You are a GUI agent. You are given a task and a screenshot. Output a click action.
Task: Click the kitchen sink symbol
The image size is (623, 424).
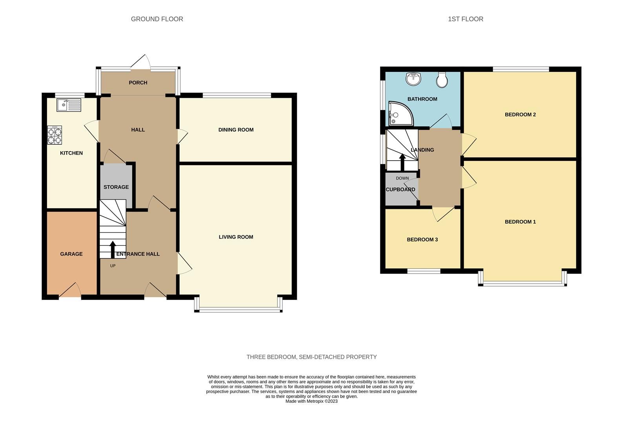coord(69,105)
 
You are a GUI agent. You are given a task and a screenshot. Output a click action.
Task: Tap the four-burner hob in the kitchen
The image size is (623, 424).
coord(55,135)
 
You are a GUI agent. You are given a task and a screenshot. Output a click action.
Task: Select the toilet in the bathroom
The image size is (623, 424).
coord(442,80)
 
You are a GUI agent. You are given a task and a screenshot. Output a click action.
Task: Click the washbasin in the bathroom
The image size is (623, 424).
coord(413,79)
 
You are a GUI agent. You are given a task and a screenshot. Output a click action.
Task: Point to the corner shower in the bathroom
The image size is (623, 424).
coord(398,114)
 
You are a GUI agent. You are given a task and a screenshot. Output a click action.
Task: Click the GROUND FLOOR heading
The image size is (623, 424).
coord(157,19)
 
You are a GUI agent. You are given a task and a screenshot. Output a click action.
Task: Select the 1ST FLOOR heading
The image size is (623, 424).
coord(465,19)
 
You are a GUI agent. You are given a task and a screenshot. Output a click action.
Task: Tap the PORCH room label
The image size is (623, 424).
coord(138,82)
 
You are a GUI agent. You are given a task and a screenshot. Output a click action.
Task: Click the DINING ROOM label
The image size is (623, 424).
coord(236,130)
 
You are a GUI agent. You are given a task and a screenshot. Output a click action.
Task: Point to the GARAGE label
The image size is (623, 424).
coord(71,254)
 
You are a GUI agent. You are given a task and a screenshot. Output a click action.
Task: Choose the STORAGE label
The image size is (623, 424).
coord(116,187)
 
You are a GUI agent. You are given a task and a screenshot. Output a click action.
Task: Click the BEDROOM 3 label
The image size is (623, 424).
coord(422,239)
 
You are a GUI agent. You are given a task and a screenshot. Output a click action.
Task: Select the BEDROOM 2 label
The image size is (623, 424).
coord(520,115)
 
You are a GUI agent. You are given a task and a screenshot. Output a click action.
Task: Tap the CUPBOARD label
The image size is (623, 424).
coord(400,190)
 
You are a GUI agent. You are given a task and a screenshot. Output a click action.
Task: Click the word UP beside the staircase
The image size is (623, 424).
coord(113,266)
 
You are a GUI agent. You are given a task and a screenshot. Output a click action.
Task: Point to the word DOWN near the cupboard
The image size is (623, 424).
coord(402,178)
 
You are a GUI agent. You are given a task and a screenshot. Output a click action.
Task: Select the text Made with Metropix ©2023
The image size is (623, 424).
coord(311,401)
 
